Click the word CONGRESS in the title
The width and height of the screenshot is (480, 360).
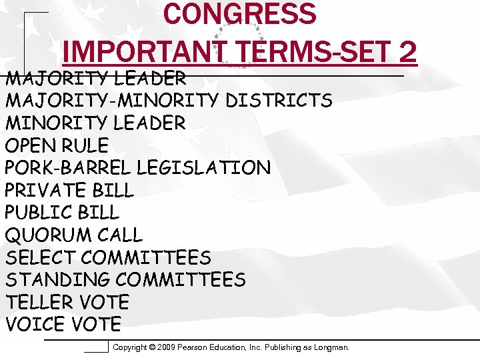(x=239, y=15)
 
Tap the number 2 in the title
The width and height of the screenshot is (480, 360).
(x=407, y=51)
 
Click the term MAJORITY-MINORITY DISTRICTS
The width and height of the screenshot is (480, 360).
(x=169, y=101)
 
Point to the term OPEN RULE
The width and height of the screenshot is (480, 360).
(x=57, y=145)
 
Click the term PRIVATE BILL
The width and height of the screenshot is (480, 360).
(x=69, y=190)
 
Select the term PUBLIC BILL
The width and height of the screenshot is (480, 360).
(x=62, y=213)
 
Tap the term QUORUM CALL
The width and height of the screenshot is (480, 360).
(x=74, y=235)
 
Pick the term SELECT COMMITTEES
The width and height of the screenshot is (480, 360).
(x=108, y=257)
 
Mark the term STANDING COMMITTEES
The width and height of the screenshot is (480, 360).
(x=125, y=279)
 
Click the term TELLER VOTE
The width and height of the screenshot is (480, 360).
(x=67, y=302)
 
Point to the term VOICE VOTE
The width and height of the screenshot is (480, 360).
(x=63, y=325)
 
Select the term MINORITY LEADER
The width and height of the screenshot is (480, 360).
(x=95, y=123)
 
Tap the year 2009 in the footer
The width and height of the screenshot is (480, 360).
(x=169, y=347)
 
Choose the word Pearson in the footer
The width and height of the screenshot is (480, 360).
(x=198, y=347)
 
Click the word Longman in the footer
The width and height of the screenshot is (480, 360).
(x=331, y=347)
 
